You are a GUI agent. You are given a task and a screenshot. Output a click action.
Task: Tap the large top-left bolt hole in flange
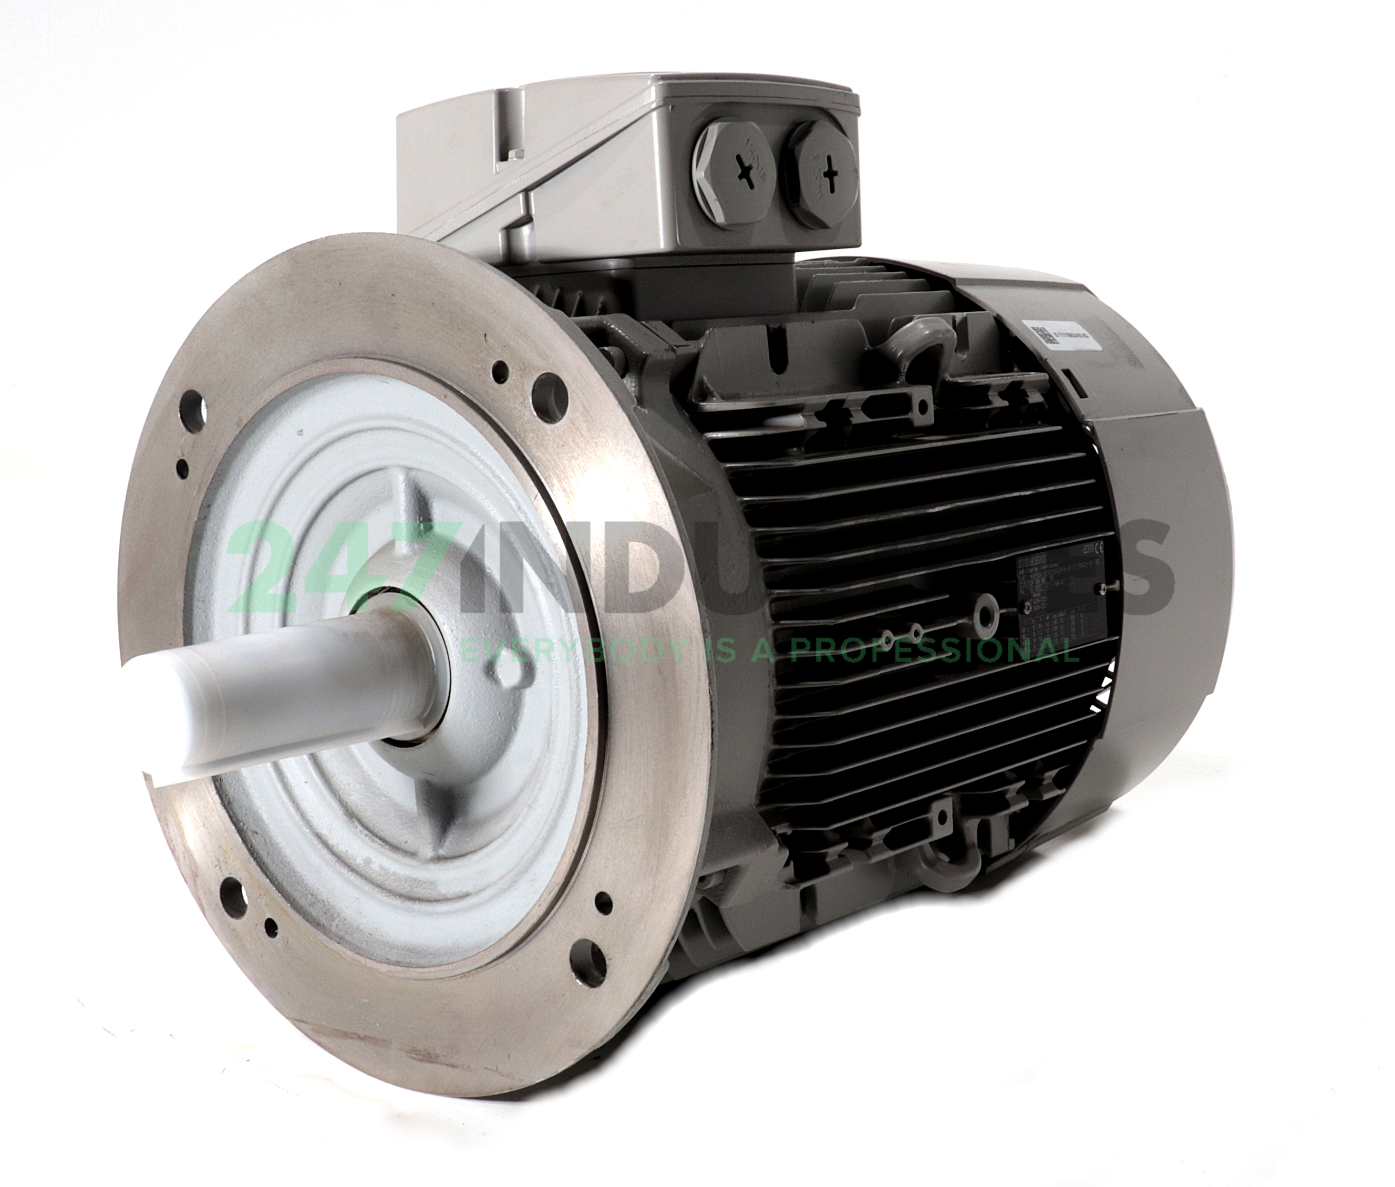pyautogui.click(x=192, y=404)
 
